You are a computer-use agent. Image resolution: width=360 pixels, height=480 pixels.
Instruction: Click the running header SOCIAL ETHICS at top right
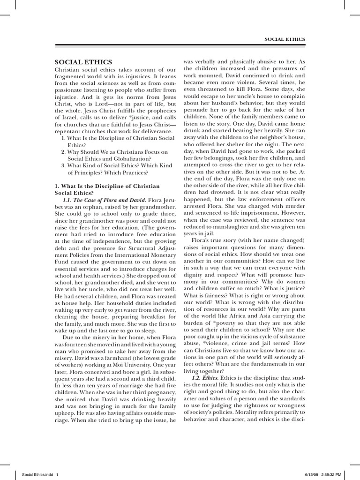click(x=284, y=39)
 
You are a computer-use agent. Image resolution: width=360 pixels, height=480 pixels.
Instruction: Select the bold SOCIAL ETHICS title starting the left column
click(x=83, y=61)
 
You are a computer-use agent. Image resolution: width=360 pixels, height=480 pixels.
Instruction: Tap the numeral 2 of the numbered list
click(x=63, y=152)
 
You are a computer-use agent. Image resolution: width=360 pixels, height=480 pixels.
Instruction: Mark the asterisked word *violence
click(x=217, y=342)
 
